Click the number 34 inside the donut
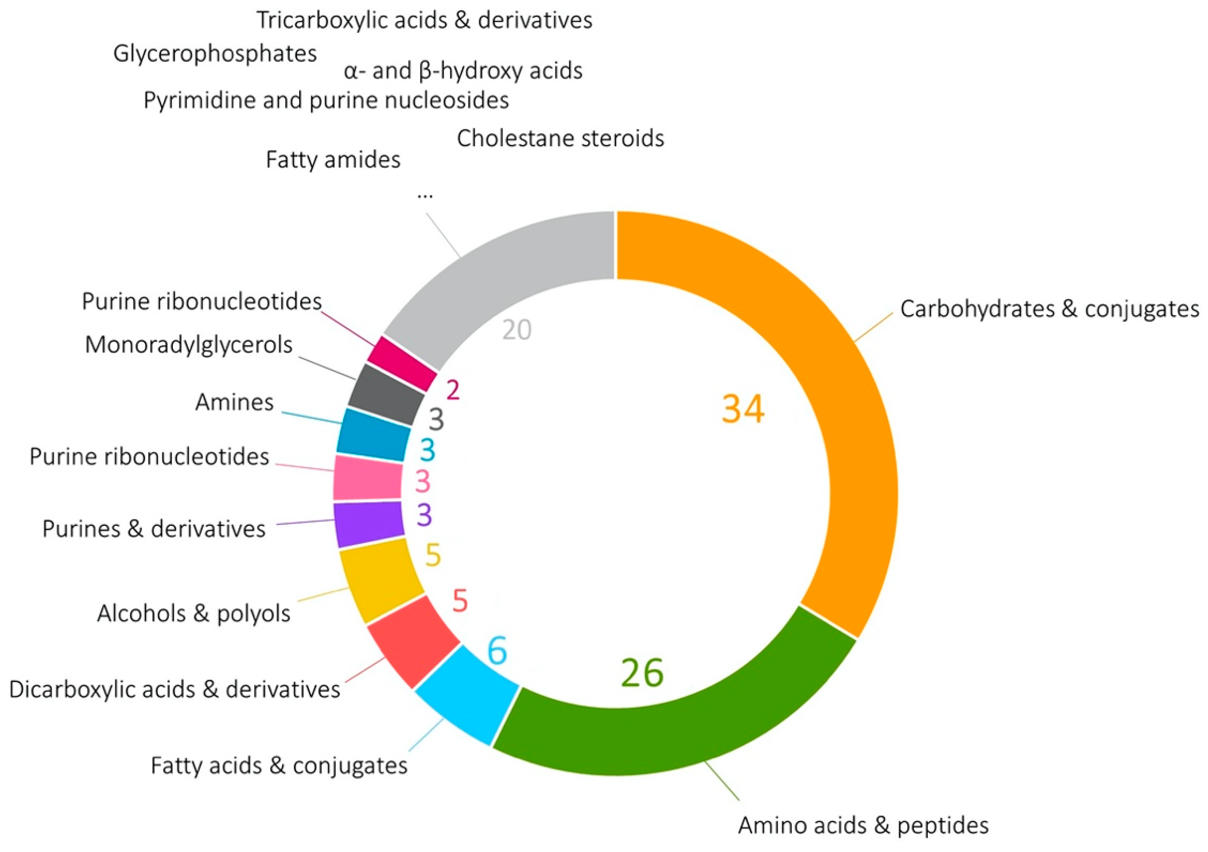click(742, 409)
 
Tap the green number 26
click(642, 673)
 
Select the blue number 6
click(497, 650)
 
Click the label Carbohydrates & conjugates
click(1050, 309)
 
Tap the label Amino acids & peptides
click(863, 825)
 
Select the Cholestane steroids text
click(560, 138)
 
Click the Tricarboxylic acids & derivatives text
click(424, 20)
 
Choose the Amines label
click(234, 402)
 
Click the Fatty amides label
click(332, 159)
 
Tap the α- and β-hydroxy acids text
click(463, 70)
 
